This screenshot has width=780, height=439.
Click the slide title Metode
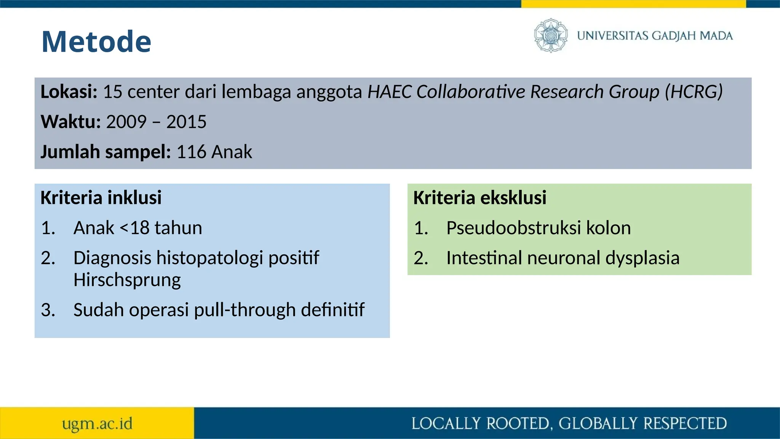(x=96, y=42)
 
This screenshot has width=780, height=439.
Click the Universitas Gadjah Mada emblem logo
(x=550, y=35)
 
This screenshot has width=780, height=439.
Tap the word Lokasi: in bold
(x=69, y=92)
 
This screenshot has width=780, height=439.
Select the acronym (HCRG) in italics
(x=694, y=92)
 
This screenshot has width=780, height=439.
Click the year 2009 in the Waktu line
(x=126, y=122)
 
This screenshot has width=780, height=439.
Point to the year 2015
(x=186, y=122)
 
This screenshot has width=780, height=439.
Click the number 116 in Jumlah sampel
(x=191, y=152)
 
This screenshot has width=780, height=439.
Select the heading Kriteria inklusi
(x=101, y=198)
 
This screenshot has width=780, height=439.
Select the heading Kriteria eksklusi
(x=480, y=198)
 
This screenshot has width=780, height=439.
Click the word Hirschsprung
(x=127, y=280)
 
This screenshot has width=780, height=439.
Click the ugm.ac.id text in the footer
(x=97, y=424)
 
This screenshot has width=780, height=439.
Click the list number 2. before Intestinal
(x=421, y=258)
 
